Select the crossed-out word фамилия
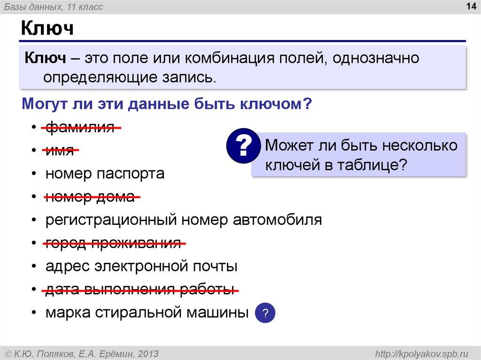pos(80,127)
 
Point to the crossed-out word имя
pos(60,151)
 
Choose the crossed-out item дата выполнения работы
pos(139,290)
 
